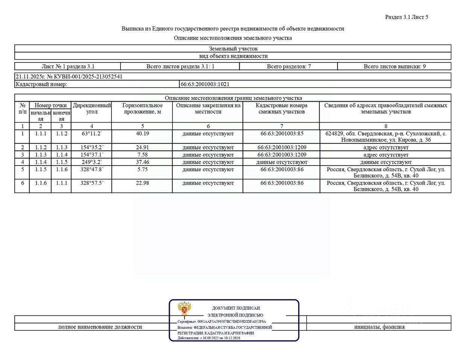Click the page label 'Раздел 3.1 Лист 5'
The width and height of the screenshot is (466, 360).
point(407,17)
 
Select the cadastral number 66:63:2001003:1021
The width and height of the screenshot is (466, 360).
point(205,84)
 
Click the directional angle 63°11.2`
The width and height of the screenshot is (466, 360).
point(91,134)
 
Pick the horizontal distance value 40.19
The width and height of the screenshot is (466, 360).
point(142,134)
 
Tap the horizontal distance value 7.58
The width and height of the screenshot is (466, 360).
point(142,155)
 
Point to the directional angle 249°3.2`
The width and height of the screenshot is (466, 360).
point(91,162)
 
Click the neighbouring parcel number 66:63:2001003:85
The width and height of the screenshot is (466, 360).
point(282,134)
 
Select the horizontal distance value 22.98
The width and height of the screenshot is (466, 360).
point(142,183)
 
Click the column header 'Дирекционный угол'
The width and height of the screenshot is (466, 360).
point(92,109)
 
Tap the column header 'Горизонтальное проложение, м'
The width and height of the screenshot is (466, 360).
point(142,109)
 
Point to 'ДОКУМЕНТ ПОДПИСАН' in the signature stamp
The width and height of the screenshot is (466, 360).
point(236,308)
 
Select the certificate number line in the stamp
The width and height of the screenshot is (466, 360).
point(222,322)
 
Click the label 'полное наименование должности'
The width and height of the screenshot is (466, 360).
point(100,327)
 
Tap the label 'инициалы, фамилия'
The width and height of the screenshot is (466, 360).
point(379,327)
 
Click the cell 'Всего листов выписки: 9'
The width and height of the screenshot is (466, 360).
point(394,67)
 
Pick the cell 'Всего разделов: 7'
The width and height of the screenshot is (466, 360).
point(289,67)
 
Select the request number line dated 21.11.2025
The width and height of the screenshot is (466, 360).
point(69,77)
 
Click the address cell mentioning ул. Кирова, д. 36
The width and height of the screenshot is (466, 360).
point(386,137)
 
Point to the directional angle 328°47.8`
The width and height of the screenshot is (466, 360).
point(91,170)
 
